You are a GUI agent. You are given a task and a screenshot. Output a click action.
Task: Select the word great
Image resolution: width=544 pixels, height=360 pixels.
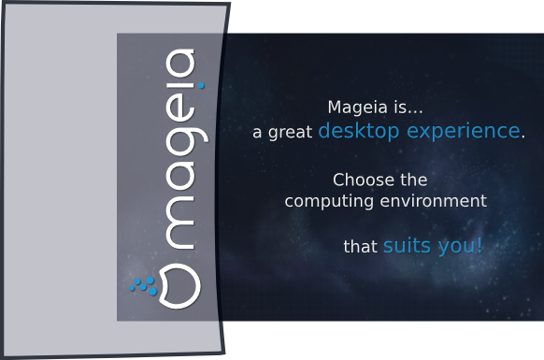pyautogui.click(x=290, y=132)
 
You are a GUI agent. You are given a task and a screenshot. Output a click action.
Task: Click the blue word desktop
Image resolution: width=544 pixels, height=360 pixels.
pyautogui.click(x=359, y=132)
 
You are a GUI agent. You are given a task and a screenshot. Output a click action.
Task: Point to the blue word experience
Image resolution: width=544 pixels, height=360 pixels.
pyautogui.click(x=464, y=132)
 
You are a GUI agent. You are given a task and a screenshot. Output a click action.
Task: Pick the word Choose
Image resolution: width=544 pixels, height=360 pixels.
pyautogui.click(x=364, y=180)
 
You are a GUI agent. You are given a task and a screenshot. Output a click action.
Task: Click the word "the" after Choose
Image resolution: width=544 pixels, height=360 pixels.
pyautogui.click(x=413, y=180)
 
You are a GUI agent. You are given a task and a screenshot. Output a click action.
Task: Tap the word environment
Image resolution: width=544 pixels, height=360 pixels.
pyautogui.click(x=434, y=201)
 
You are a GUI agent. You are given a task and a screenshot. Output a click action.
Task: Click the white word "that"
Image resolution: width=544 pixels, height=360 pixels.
pyautogui.click(x=360, y=247)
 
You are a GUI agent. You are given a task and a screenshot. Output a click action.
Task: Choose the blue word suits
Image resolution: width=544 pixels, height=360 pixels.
pyautogui.click(x=407, y=245)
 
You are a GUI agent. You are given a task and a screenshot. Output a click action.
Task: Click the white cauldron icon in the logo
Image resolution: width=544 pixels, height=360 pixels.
pyautogui.click(x=179, y=286)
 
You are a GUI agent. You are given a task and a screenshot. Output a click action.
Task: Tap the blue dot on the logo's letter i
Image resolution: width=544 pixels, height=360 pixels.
pyautogui.click(x=201, y=85)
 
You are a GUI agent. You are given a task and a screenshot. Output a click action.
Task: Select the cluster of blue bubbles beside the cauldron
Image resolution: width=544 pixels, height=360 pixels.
pyautogui.click(x=143, y=286)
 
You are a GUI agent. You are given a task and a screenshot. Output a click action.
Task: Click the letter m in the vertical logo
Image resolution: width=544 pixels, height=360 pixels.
pyautogui.click(x=179, y=223)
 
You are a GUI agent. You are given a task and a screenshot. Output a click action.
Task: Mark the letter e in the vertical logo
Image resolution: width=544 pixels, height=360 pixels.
pyautogui.click(x=179, y=108)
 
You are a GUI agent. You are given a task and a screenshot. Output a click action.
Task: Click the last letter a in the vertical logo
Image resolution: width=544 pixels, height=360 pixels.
pyautogui.click(x=179, y=64)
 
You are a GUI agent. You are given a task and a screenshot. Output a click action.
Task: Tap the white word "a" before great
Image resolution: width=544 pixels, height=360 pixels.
pyautogui.click(x=257, y=133)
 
